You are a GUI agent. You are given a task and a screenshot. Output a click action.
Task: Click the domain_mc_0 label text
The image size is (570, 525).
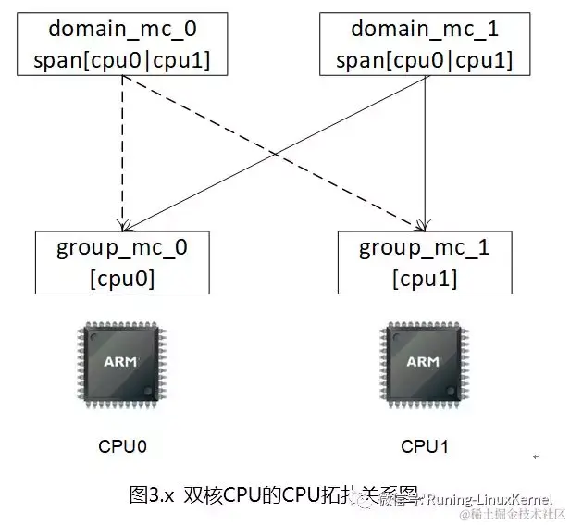[x=123, y=28]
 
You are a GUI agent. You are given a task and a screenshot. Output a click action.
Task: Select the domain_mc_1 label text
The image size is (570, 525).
[x=425, y=28]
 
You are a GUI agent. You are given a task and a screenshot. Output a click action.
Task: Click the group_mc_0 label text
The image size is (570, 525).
[x=123, y=247]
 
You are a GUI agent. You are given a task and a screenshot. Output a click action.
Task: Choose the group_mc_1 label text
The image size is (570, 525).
[x=425, y=247]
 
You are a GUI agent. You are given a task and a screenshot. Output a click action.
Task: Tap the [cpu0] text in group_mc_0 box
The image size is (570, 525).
[x=123, y=278]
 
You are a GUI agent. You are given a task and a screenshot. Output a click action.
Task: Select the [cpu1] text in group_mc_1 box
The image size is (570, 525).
[x=425, y=278]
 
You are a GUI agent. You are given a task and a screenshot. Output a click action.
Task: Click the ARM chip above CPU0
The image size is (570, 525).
[x=122, y=362]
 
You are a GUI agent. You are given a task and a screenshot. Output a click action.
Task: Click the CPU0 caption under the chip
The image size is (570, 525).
[x=123, y=446]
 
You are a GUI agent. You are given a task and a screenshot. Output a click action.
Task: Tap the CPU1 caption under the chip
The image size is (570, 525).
[x=425, y=446]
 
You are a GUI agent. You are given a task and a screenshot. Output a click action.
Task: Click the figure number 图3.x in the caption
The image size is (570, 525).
[x=151, y=494]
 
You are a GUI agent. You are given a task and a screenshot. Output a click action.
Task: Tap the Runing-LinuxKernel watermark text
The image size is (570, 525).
[x=495, y=497]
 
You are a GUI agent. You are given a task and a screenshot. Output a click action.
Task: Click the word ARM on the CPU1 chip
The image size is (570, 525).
[x=424, y=361]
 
